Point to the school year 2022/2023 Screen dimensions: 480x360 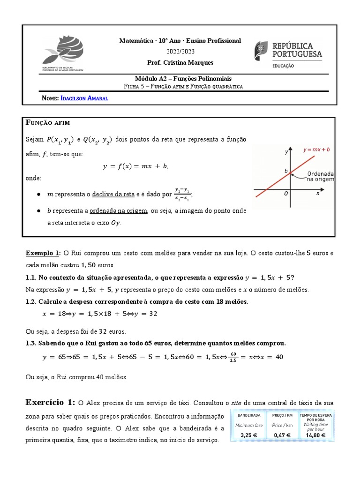click(x=180, y=52)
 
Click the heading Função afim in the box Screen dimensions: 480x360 click(x=48, y=123)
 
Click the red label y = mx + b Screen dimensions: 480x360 click(x=316, y=150)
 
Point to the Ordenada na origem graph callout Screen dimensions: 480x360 click(x=320, y=176)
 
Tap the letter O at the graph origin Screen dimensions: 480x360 click(x=285, y=193)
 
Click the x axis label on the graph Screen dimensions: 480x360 click(x=318, y=192)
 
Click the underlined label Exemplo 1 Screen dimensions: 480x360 click(x=43, y=253)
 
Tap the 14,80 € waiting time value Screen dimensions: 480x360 click(x=316, y=435)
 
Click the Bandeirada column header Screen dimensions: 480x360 click(x=249, y=415)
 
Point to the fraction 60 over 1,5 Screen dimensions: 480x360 click(x=234, y=358)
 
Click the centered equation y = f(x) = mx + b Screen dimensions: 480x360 click(x=135, y=166)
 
